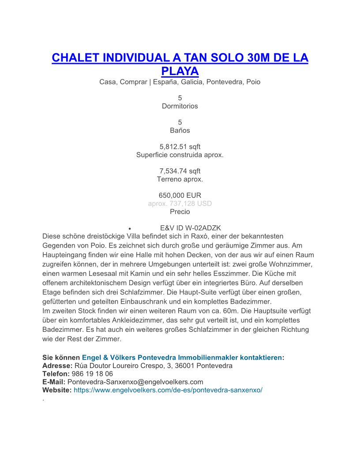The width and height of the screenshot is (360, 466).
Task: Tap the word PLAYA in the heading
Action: (180, 71)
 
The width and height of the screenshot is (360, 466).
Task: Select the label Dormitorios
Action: (180, 106)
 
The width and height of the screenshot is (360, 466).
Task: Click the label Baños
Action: (180, 130)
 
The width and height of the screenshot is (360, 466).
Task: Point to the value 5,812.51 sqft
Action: (180, 147)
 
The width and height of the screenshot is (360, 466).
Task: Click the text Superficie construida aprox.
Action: (180, 155)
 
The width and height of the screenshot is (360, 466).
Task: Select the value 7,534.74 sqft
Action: (180, 171)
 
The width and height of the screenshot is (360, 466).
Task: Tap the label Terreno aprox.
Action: (180, 179)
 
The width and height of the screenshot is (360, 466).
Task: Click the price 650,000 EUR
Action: (180, 195)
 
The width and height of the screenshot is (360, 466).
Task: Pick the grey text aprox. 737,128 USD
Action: (180, 203)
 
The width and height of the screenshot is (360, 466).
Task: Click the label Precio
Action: (180, 211)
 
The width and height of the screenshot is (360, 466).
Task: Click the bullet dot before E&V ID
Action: (129, 229)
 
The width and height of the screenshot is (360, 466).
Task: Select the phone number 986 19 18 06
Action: (92, 374)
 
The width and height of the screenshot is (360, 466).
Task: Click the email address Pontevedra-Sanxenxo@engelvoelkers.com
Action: (135, 382)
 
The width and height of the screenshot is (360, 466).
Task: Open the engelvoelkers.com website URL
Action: (168, 390)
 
